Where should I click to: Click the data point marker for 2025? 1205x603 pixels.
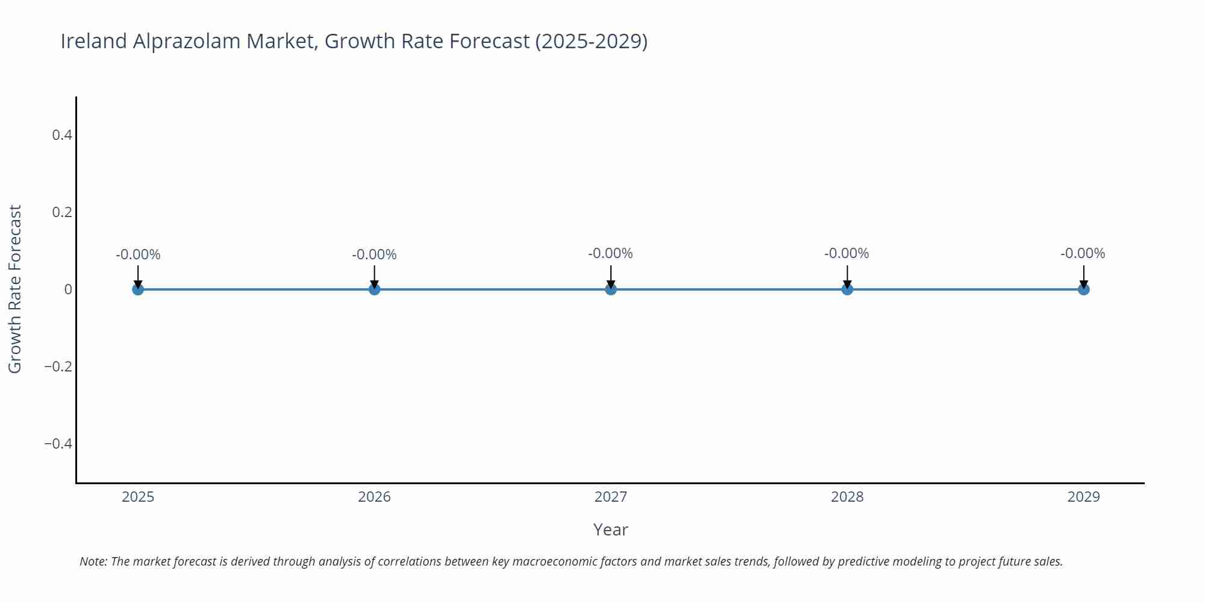138,289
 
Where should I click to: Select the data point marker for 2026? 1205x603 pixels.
374,289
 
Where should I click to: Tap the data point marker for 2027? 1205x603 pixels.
611,289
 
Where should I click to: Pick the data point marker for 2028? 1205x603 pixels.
847,289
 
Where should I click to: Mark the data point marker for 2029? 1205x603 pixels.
1083,289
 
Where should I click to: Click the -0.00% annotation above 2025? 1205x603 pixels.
138,254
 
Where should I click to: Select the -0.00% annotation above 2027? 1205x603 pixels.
610,253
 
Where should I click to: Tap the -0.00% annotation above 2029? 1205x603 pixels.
1083,253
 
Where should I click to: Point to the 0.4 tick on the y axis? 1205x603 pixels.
62,135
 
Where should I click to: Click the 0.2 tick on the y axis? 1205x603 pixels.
62,212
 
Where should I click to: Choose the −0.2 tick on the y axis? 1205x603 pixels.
58,367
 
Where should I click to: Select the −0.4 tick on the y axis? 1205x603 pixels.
58,444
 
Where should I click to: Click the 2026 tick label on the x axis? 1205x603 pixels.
374,497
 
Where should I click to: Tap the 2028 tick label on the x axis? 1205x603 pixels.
847,497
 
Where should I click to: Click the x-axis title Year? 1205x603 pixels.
610,529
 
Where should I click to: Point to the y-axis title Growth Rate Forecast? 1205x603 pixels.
15,289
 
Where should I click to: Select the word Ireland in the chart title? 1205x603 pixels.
93,41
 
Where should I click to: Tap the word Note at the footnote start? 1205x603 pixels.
93,561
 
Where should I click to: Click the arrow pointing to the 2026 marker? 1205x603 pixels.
374,276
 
